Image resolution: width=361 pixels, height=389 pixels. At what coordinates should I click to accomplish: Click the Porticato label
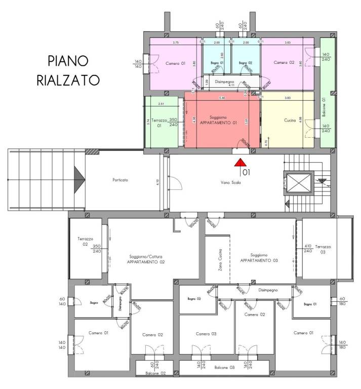[x=120, y=180]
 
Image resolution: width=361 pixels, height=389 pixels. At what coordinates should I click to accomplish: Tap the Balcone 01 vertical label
[x=324, y=107]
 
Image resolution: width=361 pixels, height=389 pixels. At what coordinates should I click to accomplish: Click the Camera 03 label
[x=207, y=334]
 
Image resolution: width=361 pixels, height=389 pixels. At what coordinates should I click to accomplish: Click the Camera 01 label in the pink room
[x=176, y=63]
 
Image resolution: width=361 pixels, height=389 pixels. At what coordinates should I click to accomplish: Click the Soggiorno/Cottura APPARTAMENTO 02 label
[x=145, y=260]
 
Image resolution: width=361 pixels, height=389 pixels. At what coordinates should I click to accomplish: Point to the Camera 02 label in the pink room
[x=284, y=62]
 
